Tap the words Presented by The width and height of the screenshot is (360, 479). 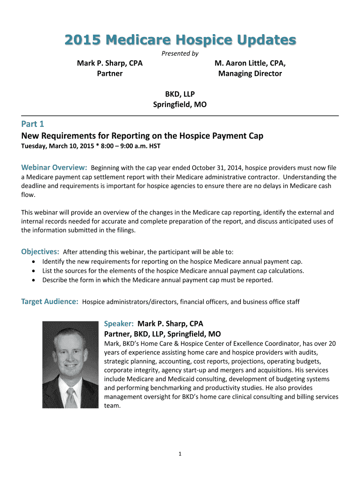click(180, 53)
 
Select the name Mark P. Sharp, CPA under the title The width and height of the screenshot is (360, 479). click(109, 63)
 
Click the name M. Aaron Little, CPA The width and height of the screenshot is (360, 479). click(250, 63)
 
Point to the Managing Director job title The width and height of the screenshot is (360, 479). click(250, 73)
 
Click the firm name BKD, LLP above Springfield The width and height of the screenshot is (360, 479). click(180, 94)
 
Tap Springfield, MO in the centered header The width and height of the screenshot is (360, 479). click(180, 104)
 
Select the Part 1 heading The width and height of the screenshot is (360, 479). click(33, 124)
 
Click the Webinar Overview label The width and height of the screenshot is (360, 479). click(54, 167)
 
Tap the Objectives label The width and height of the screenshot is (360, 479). click(40, 252)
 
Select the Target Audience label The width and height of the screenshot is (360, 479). click(50, 302)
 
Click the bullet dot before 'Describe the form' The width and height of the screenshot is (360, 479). click(33, 280)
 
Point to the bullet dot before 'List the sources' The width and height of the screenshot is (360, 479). click(33, 271)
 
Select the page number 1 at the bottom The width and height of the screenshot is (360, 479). click(180, 454)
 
